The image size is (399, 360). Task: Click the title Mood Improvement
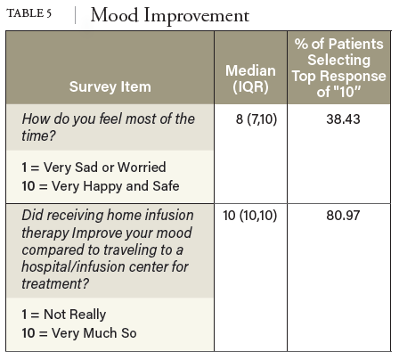click(170, 15)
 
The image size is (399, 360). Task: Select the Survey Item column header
click(110, 86)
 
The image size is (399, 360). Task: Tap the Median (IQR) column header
click(250, 78)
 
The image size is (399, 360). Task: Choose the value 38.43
click(339, 119)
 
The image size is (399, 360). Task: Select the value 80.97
click(339, 214)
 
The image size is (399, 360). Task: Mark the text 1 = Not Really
click(63, 314)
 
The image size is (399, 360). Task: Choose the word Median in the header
click(250, 70)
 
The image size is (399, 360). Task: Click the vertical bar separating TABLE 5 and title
click(76, 15)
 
